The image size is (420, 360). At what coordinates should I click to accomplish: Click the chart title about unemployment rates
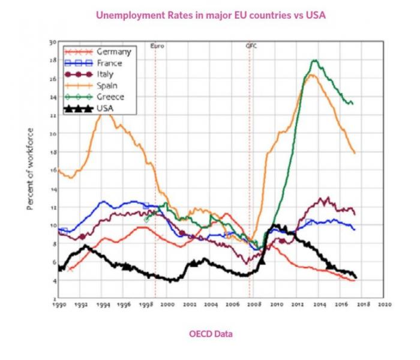(209, 15)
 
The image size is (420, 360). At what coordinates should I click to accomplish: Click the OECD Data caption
(209, 334)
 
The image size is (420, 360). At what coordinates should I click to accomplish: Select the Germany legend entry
(113, 52)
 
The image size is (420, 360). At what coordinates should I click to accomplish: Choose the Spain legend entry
(107, 86)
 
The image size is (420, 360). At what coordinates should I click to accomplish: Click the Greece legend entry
(110, 97)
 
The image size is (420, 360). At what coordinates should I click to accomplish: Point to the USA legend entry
(104, 108)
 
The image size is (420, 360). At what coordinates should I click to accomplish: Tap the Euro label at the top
(156, 46)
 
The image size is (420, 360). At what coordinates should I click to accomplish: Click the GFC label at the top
(251, 46)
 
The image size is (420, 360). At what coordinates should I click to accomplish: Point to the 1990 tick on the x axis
(59, 305)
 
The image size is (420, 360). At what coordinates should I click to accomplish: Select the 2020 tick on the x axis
(384, 305)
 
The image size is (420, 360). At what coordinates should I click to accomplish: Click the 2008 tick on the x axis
(254, 305)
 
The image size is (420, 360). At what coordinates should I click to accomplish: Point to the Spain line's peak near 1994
(104, 112)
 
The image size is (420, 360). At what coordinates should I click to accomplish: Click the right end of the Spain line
(355, 154)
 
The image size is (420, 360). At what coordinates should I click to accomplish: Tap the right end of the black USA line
(356, 277)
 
